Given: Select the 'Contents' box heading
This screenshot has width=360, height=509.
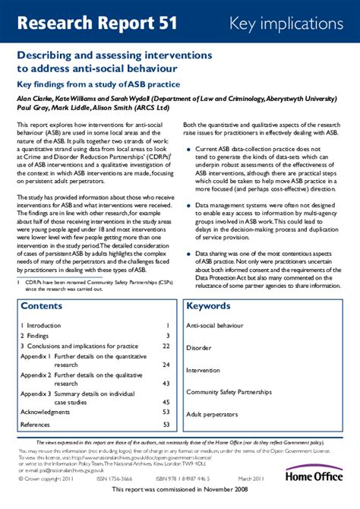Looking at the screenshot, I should click(x=43, y=306).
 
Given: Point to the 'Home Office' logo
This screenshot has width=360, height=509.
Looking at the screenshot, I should click(x=314, y=475).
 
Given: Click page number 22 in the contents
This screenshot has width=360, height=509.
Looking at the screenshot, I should click(x=166, y=345).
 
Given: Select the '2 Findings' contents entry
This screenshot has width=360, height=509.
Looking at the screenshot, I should click(x=35, y=335).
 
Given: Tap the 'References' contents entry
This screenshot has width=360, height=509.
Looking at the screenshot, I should click(x=35, y=425).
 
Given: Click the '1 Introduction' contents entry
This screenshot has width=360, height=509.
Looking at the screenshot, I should click(x=41, y=325).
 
